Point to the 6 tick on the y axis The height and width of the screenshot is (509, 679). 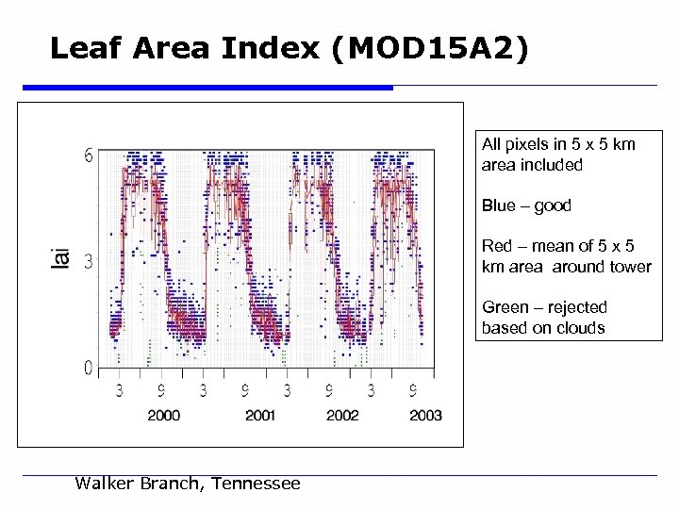[88, 156]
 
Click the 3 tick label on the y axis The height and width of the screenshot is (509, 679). [88, 261]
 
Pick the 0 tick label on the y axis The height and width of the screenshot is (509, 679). [88, 368]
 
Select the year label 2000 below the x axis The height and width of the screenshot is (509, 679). [164, 416]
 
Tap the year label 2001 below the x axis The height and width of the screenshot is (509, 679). [260, 416]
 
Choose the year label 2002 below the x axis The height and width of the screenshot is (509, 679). [342, 416]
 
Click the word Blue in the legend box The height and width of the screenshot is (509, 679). [499, 205]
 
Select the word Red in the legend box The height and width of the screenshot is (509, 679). [497, 246]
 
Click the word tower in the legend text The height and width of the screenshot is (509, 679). [631, 267]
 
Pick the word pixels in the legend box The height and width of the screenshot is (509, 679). [523, 144]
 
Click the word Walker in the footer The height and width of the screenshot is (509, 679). [106, 484]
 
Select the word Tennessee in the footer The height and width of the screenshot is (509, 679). [256, 484]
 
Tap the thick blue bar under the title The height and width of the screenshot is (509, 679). [207, 88]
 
